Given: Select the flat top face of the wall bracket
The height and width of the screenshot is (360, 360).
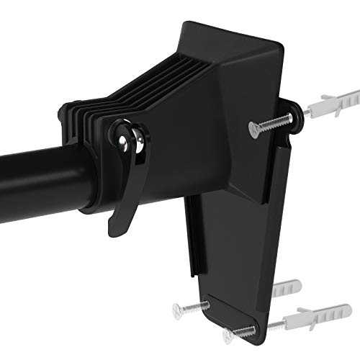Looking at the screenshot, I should click(x=223, y=43).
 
